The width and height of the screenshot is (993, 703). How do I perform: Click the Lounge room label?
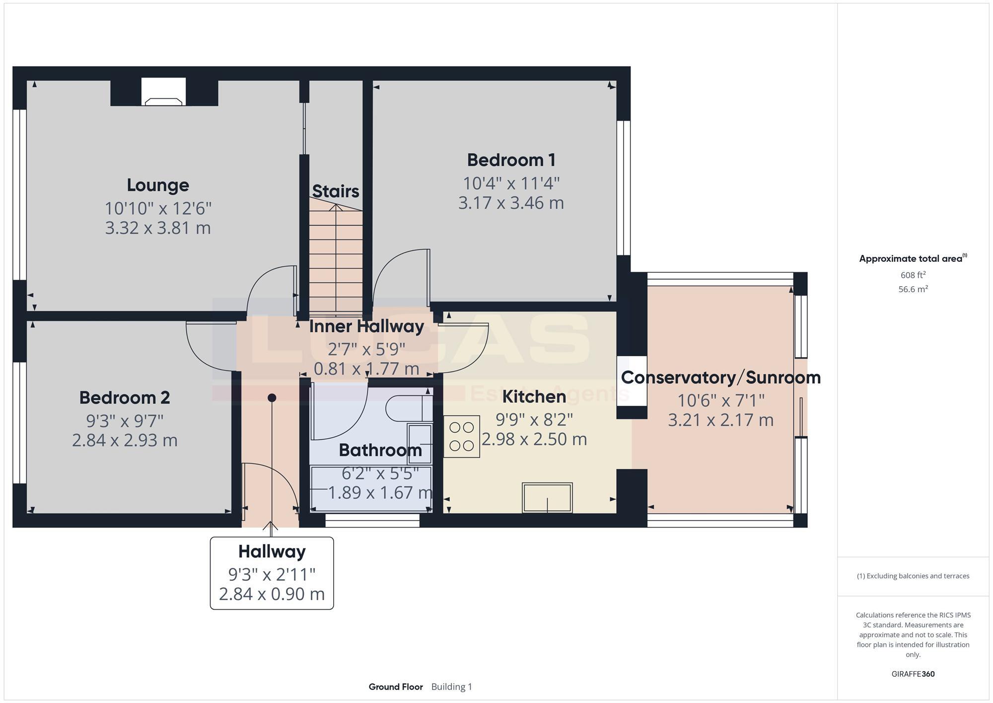(x=158, y=185)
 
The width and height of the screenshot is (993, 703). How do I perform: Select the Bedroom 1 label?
(x=511, y=160)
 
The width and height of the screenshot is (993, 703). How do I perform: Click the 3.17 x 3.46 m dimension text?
(x=511, y=203)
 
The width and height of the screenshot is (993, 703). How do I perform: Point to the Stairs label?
(x=336, y=191)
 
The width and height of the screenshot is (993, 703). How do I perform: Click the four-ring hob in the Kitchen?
(x=462, y=436)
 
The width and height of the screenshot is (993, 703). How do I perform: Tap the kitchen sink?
(x=547, y=497)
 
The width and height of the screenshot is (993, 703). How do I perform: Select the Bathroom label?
(x=380, y=450)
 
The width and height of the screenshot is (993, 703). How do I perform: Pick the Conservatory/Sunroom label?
(x=720, y=378)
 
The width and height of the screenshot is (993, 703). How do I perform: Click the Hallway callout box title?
(x=272, y=551)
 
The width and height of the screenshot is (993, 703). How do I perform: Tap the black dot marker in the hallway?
(x=272, y=397)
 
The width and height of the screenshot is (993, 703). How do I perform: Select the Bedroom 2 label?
(x=125, y=398)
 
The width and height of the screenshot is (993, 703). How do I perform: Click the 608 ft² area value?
(x=913, y=275)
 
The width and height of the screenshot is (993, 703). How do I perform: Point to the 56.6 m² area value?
(x=913, y=289)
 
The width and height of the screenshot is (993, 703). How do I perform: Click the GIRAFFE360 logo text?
(x=913, y=674)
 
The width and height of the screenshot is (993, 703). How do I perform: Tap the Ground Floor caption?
(x=396, y=687)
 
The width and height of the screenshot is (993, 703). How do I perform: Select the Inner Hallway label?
(x=366, y=326)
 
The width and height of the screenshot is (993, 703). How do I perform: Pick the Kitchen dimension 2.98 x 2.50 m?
(x=534, y=439)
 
